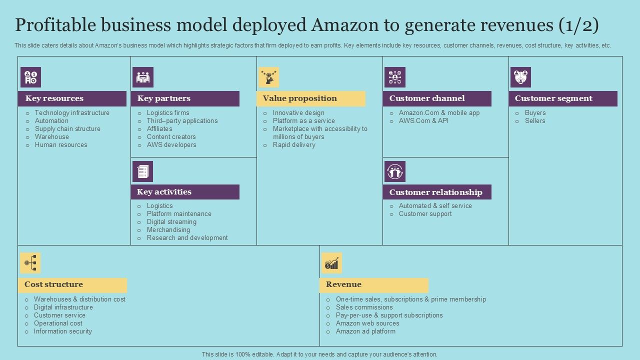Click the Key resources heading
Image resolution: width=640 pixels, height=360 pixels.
tap(54, 98)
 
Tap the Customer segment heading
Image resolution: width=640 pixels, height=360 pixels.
tap(553, 98)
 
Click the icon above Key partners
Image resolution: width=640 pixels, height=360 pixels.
tap(142, 77)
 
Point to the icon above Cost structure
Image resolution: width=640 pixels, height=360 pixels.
tap(30, 263)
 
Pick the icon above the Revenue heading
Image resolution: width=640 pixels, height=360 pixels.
tap(331, 263)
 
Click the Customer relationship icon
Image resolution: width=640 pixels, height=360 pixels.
tap(394, 171)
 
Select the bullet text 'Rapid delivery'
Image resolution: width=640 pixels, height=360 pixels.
tap(294, 145)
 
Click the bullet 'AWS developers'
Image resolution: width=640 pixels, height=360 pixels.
tap(171, 145)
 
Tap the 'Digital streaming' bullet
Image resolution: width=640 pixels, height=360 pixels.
tap(171, 222)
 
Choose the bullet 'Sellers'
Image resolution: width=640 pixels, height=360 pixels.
tap(535, 121)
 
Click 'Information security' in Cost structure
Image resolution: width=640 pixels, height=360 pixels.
tap(63, 331)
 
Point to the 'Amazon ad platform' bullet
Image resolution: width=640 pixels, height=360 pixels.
tap(365, 331)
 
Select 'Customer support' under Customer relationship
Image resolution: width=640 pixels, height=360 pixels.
tap(425, 214)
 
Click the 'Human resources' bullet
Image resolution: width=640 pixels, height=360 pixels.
tap(61, 145)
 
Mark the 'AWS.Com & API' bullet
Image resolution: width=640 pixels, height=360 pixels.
tap(423, 121)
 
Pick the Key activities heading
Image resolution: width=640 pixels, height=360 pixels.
tap(164, 192)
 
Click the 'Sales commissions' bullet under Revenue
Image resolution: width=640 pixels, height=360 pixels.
tap(364, 307)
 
